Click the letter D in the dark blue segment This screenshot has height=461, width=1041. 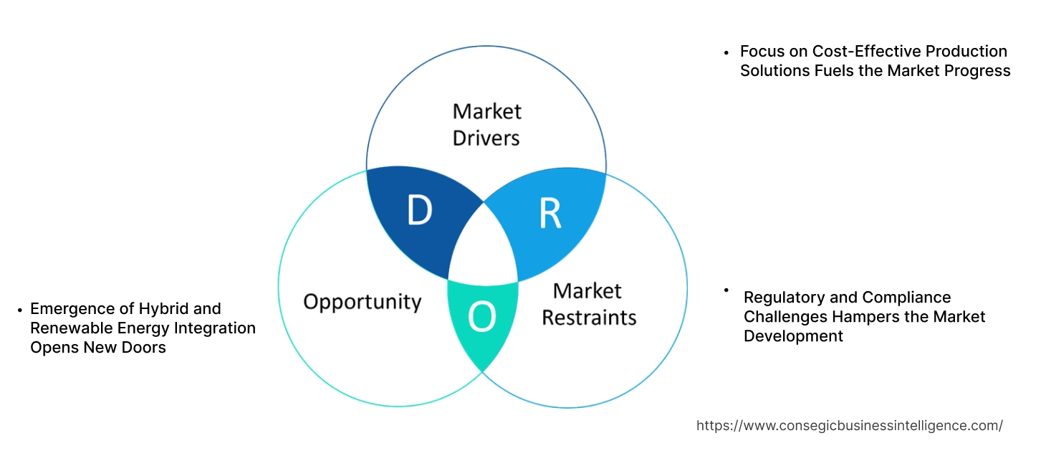pyautogui.click(x=419, y=210)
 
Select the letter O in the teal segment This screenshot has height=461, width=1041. pyautogui.click(x=481, y=318)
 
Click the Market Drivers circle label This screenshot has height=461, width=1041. pyautogui.click(x=486, y=124)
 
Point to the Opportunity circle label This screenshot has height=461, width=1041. pyautogui.click(x=362, y=301)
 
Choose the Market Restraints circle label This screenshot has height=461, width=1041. pyautogui.click(x=588, y=304)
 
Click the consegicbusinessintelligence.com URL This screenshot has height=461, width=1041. pyautogui.click(x=849, y=426)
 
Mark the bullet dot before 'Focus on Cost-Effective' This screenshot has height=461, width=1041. pyautogui.click(x=726, y=52)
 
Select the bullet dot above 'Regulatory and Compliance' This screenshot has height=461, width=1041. pyautogui.click(x=726, y=290)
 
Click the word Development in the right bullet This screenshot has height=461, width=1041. pyautogui.click(x=793, y=336)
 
